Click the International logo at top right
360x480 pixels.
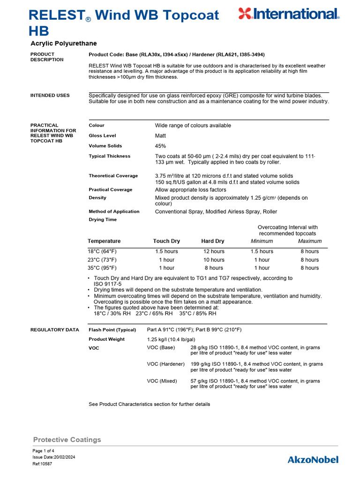tap(288, 14)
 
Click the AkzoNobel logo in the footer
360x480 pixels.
tap(313, 459)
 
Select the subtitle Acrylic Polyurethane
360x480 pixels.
tap(64, 44)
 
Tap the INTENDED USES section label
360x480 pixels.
tap(50, 96)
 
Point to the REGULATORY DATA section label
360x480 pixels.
tap(55, 330)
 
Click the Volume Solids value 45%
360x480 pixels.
tap(160, 146)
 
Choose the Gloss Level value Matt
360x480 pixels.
tap(161, 135)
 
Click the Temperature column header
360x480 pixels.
tap(104, 241)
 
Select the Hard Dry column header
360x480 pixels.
tap(213, 241)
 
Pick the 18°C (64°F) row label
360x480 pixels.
tap(102, 252)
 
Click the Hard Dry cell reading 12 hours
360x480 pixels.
tap(214, 252)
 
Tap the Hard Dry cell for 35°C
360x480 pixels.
tap(214, 268)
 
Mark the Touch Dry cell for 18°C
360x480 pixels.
tap(166, 252)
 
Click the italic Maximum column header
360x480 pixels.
tap(310, 241)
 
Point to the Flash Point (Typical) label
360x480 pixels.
tap(112, 330)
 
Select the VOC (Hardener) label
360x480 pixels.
tap(166, 364)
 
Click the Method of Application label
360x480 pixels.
tap(114, 211)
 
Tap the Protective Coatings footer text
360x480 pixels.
tap(67, 440)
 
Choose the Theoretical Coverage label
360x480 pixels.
tap(113, 176)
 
